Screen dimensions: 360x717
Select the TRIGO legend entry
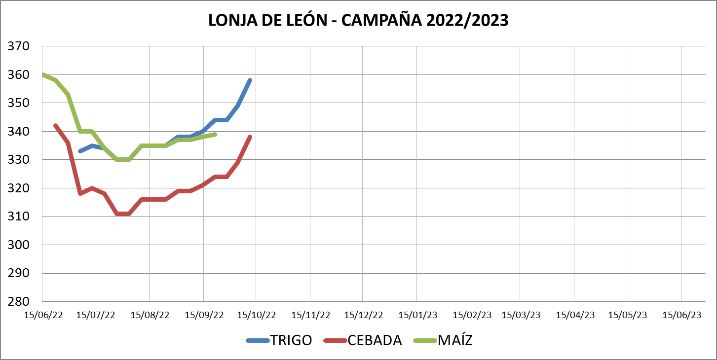291,340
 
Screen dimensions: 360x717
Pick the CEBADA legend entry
375,340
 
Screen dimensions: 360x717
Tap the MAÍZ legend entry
455,340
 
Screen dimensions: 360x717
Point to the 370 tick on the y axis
18,47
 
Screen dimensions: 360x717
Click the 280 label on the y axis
18,301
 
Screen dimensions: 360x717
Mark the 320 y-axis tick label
18,188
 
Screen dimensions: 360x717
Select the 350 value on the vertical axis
18,104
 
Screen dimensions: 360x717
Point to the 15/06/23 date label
681,315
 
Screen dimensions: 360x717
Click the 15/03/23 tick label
521,315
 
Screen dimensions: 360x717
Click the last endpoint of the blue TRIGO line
250,80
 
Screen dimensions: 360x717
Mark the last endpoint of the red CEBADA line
250,137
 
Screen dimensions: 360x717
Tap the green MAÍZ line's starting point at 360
43,75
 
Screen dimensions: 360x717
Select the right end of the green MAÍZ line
215,134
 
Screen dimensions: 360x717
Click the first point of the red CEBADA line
55,125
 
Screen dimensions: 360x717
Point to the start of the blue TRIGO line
80,151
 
